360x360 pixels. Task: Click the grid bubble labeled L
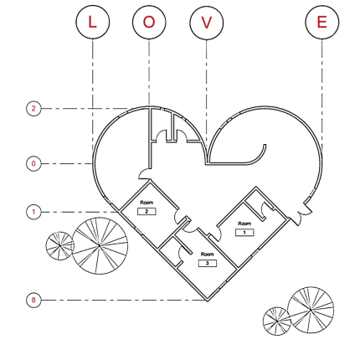[93, 22]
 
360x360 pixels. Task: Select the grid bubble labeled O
[149, 22]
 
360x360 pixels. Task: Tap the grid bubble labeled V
[207, 23]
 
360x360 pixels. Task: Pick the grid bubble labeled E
[322, 22]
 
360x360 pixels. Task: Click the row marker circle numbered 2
[33, 108]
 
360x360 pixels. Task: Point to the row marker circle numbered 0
[33, 163]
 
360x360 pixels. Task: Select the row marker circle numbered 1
[33, 212]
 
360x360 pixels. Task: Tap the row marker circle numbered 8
[33, 300]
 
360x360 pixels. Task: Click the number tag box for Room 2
[147, 212]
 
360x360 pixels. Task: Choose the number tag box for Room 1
[244, 233]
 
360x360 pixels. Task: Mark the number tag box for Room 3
[208, 263]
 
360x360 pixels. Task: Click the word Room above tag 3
[208, 255]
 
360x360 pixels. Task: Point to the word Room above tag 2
[147, 203]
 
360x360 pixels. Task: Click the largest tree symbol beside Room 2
[100, 246]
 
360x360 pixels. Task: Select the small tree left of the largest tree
[60, 246]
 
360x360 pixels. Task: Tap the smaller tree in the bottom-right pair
[277, 321]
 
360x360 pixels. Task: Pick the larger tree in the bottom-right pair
[311, 310]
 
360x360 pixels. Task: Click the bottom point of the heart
[207, 301]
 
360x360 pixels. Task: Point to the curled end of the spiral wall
[265, 146]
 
